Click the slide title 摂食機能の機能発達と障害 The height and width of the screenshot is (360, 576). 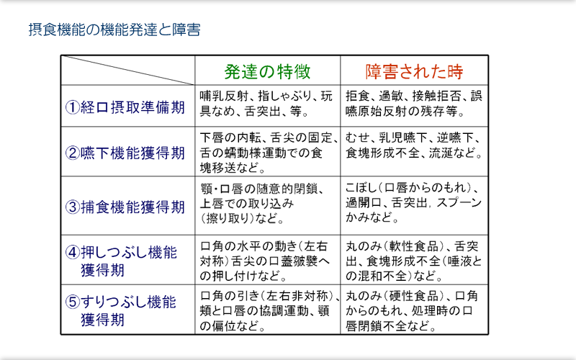(114, 30)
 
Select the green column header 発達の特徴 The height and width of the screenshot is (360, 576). (267, 71)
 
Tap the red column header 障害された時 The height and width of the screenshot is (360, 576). (414, 71)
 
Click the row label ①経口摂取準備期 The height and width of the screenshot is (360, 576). (125, 107)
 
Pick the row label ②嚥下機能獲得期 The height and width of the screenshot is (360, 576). (125, 153)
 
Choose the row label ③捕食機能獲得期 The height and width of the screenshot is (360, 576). (125, 207)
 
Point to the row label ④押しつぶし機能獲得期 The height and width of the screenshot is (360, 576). (121, 261)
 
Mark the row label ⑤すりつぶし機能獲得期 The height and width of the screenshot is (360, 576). (120, 311)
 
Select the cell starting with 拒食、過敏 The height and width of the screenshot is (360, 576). (413, 104)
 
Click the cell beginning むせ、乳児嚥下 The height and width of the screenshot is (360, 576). (413, 145)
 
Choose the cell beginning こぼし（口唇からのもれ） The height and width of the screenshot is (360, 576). (413, 203)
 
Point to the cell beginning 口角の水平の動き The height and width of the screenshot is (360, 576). (264, 261)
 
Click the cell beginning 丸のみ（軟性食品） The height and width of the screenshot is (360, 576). (413, 261)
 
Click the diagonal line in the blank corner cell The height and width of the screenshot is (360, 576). (128, 70)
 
